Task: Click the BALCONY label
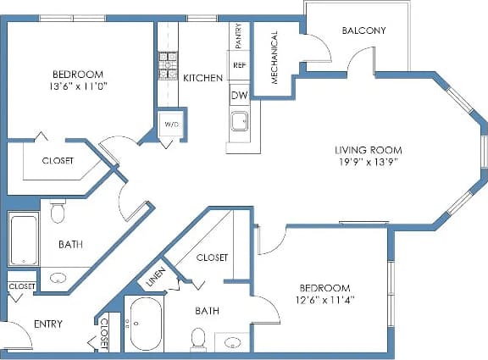(x=363, y=30)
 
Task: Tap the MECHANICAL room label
(x=274, y=58)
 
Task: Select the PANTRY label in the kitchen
(x=239, y=36)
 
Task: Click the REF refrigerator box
(x=239, y=65)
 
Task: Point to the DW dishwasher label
(x=239, y=96)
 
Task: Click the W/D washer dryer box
(x=171, y=125)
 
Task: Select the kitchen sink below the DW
(x=241, y=121)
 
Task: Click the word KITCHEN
(x=203, y=78)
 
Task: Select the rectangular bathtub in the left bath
(x=23, y=239)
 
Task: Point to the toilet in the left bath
(x=58, y=211)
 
